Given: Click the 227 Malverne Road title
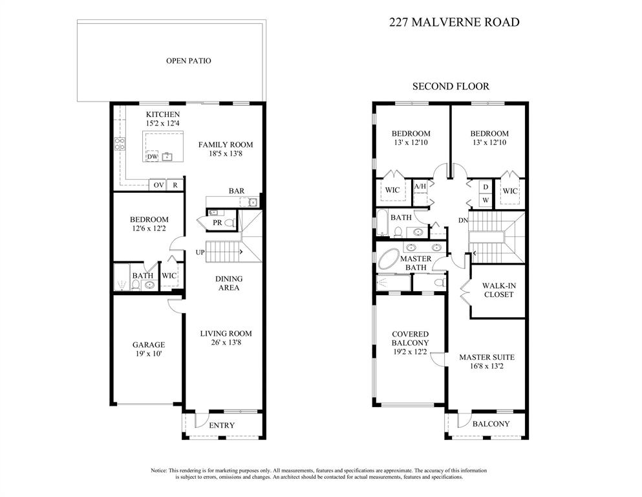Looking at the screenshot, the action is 454,22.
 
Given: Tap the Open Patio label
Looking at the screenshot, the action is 188,61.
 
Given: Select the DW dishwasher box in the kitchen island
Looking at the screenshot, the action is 153,156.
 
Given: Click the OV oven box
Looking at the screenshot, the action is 158,185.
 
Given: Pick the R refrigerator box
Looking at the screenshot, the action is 175,185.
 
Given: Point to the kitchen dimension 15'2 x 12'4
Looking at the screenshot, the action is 162,123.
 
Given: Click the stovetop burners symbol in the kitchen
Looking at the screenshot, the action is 120,144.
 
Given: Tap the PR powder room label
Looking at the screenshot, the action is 217,223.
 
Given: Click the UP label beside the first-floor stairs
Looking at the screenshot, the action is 200,252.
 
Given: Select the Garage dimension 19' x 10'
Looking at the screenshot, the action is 149,353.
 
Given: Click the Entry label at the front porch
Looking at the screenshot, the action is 222,425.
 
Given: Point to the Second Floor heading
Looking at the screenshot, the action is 451,87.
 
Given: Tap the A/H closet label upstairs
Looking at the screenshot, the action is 420,186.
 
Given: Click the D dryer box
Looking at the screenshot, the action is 486,187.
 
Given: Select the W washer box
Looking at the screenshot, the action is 486,200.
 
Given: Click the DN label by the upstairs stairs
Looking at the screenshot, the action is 463,221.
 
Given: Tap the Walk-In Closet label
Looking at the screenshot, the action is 498,290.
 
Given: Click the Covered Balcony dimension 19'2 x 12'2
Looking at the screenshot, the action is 410,352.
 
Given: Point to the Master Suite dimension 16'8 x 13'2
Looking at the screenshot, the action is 486,366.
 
